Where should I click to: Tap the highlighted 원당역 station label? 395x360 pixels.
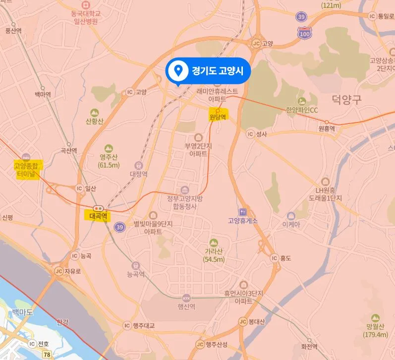pos(218,117)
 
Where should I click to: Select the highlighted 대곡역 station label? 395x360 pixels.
pos(99,216)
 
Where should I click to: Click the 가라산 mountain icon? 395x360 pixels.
pos(214,242)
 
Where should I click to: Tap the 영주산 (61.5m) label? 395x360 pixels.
pos(109,161)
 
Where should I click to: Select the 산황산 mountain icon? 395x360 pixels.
pos(94,113)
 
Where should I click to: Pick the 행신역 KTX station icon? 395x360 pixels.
pos(186,299)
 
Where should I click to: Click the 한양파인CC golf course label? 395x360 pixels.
pos(301,110)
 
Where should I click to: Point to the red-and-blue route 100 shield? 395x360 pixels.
pos(304,33)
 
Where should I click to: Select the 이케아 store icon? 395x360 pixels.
pos(291,216)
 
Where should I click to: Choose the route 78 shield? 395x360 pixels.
pos(47,354)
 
